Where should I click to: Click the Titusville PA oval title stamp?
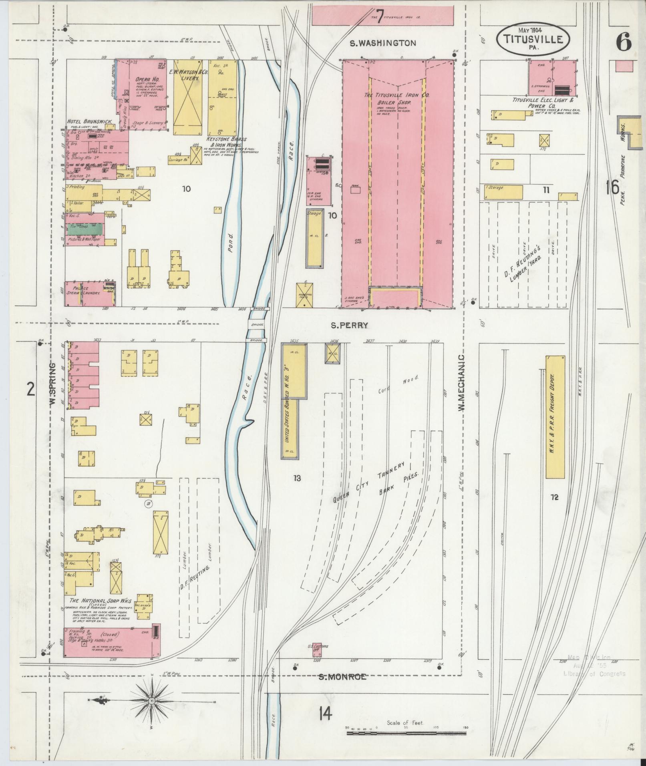(x=531, y=39)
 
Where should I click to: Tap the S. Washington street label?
(x=383, y=43)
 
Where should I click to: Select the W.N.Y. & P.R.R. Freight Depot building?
(x=555, y=416)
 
